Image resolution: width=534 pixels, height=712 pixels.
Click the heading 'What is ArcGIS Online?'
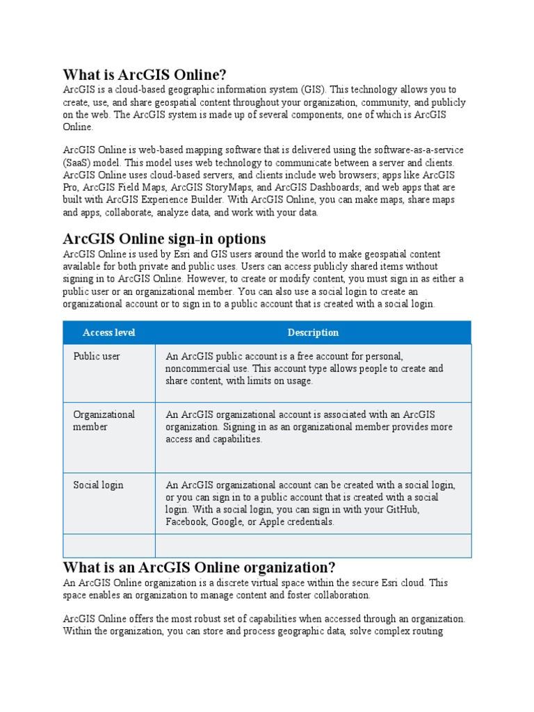[x=145, y=74]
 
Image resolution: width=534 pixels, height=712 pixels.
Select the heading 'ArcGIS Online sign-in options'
[x=164, y=238]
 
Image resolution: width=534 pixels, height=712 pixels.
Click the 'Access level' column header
[x=108, y=332]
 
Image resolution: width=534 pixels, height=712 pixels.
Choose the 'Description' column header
[x=313, y=332]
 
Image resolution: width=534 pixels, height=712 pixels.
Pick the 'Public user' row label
[x=97, y=356]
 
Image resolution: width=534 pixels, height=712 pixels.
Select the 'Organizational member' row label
[x=104, y=421]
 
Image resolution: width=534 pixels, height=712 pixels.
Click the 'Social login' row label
[x=98, y=485]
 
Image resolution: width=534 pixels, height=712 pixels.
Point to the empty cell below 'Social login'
[x=108, y=546]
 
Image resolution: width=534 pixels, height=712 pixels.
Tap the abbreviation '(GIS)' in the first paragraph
[x=312, y=90]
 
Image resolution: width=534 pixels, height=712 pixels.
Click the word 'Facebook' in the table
[x=186, y=522]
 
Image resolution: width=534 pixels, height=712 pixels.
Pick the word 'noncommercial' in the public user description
[x=199, y=369]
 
